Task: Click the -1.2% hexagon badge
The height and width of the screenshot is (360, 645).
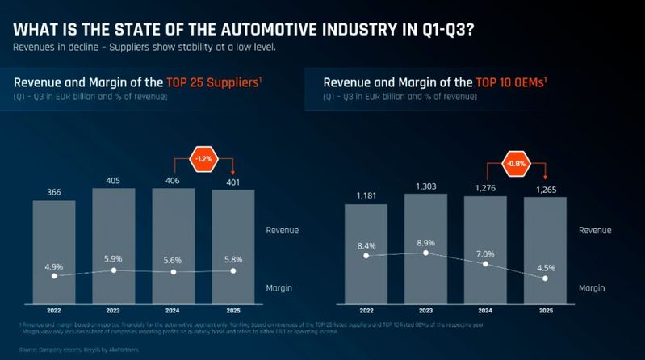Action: coord(203,159)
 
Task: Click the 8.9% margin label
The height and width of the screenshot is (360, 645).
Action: coord(425,241)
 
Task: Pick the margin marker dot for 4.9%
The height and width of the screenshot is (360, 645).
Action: coord(54,276)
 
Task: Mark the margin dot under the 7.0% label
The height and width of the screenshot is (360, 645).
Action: coord(485,264)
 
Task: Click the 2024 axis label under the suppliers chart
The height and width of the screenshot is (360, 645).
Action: coord(174,311)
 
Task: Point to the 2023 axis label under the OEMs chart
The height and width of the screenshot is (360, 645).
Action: coord(425,311)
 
